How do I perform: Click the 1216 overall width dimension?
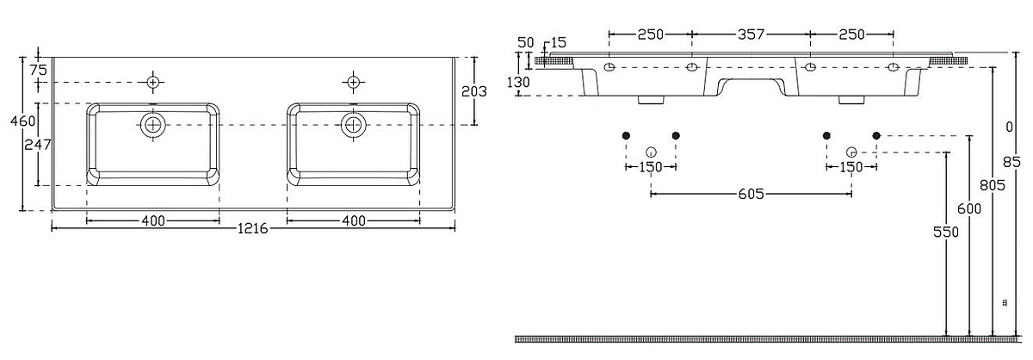(253, 228)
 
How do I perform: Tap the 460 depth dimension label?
(22, 121)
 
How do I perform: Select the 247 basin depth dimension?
(37, 145)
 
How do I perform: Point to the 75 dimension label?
(38, 70)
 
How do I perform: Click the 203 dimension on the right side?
(474, 91)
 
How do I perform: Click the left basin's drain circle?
(152, 125)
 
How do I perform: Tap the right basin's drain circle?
(353, 125)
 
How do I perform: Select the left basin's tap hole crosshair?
(153, 82)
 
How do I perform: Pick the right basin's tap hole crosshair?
(353, 82)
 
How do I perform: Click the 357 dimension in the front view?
(751, 34)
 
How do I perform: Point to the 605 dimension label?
(751, 194)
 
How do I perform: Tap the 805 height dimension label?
(992, 185)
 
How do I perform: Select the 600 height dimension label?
(969, 209)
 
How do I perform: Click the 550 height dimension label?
(946, 232)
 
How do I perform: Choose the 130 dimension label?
(518, 82)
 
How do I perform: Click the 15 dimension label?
(558, 42)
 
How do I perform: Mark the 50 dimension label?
(526, 42)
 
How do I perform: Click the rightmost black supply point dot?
(876, 135)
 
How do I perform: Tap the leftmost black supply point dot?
(626, 135)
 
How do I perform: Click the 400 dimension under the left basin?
(153, 220)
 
